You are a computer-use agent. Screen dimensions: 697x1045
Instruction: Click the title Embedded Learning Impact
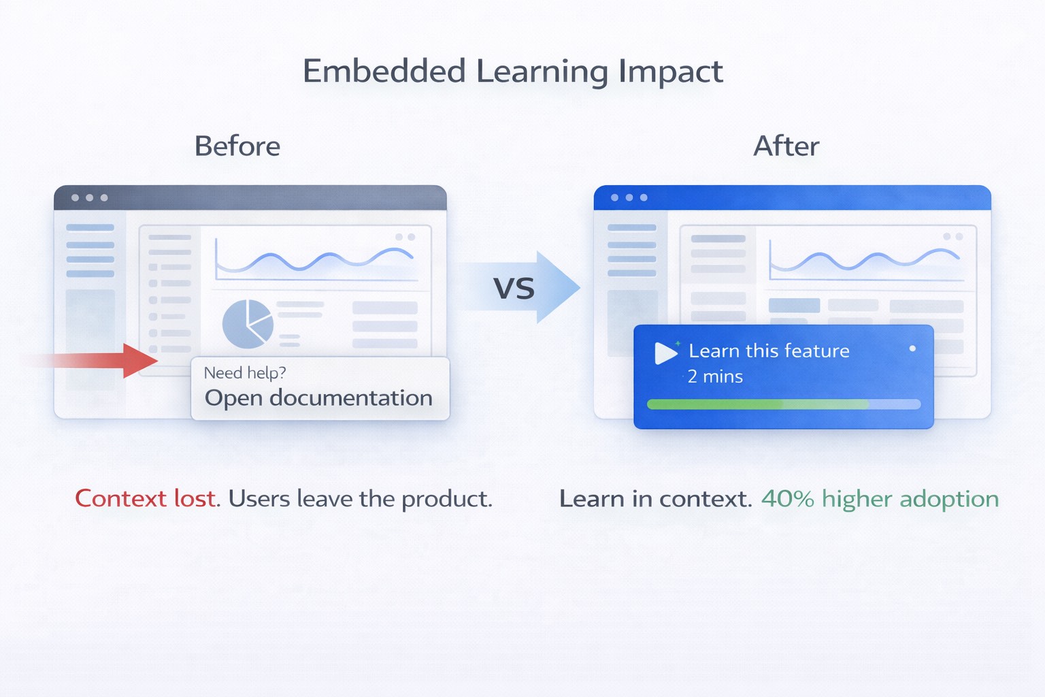[512, 71]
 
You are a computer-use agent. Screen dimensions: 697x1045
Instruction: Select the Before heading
[237, 146]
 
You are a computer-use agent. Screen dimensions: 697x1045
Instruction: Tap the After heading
[786, 146]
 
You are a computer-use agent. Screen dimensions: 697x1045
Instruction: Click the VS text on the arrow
[514, 289]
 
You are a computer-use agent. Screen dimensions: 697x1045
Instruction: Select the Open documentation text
[318, 398]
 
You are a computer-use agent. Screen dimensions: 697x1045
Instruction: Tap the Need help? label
[245, 373]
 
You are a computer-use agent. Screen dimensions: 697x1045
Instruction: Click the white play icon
[665, 353]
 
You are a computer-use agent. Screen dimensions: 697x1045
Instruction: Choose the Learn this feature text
[769, 351]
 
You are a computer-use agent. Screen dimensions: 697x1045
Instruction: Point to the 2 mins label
[715, 376]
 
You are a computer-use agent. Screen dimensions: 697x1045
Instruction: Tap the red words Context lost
[146, 499]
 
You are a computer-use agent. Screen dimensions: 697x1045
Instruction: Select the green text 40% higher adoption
[880, 499]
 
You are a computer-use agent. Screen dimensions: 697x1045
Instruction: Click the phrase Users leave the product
[360, 499]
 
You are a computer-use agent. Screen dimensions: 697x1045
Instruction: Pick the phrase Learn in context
[655, 499]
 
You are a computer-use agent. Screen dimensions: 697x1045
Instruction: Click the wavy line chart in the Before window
[314, 261]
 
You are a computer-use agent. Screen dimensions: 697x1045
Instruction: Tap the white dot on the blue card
[912, 348]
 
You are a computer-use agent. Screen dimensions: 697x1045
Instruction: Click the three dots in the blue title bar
[629, 197]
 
